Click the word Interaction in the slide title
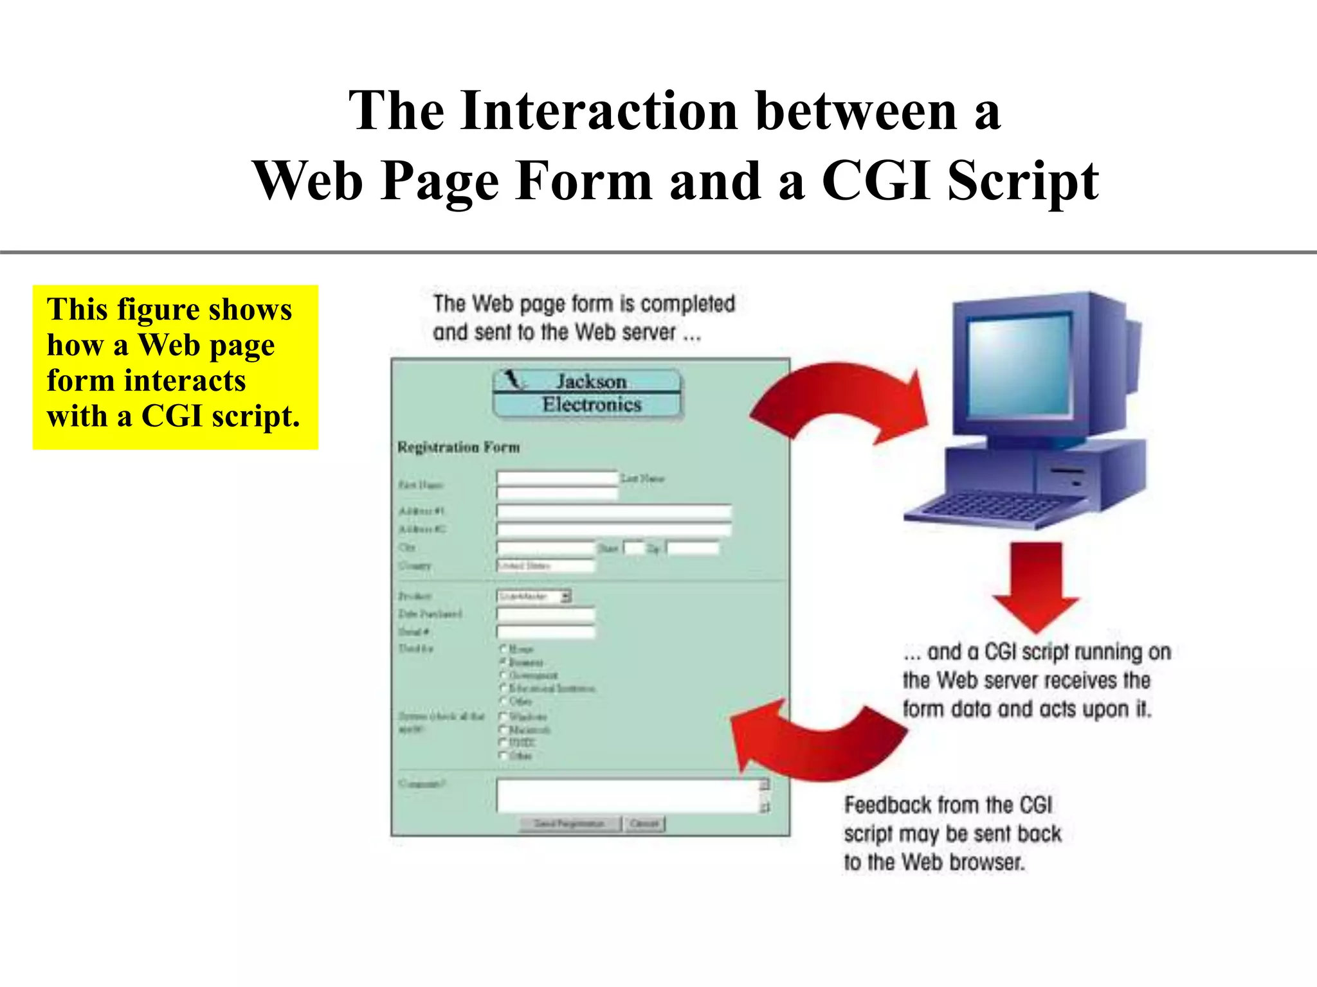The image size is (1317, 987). (599, 111)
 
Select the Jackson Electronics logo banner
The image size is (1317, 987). (587, 393)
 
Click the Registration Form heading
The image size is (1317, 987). (459, 447)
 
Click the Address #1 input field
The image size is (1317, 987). (613, 511)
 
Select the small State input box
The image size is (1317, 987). (634, 548)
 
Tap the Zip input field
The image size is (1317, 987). (693, 548)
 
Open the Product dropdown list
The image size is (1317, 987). (534, 596)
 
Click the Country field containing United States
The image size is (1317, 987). (545, 565)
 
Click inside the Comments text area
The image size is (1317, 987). (627, 796)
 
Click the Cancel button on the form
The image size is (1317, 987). (644, 824)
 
